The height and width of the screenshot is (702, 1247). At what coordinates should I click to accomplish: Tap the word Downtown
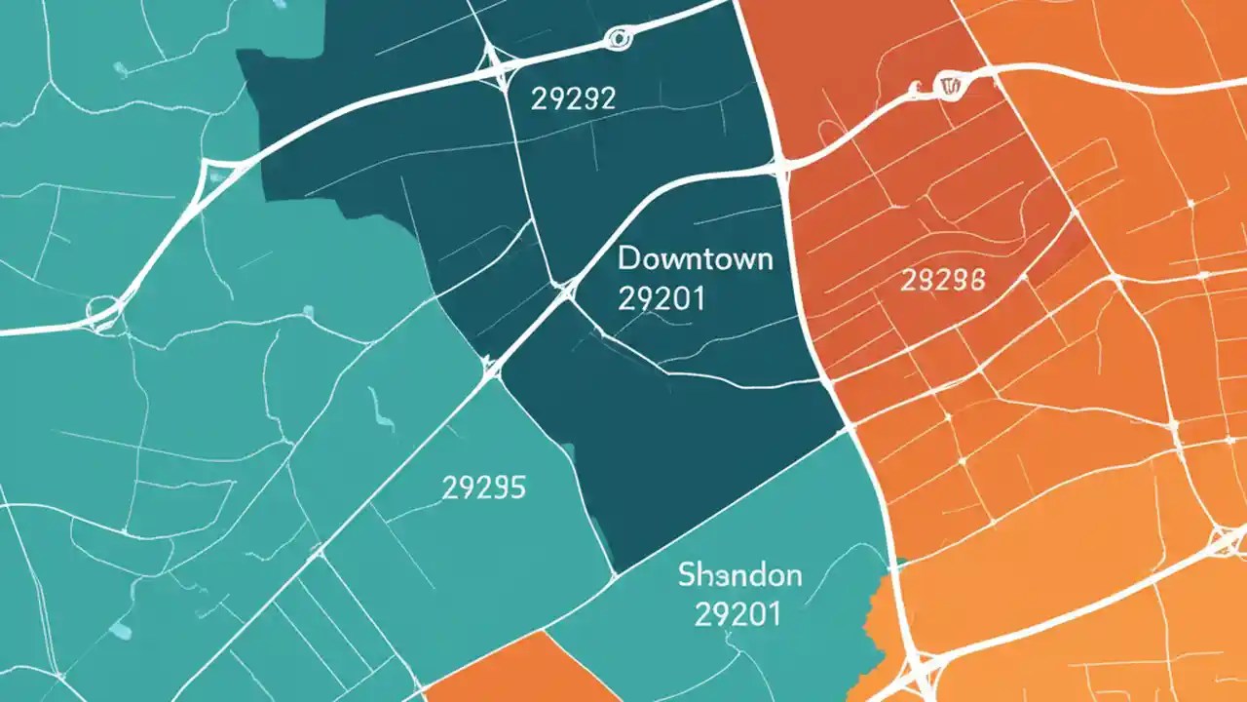[696, 259]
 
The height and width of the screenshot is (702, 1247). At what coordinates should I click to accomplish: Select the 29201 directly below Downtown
[661, 298]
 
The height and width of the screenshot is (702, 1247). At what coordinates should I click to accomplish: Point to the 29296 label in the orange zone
[942, 282]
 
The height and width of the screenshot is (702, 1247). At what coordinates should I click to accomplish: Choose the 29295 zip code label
[483, 487]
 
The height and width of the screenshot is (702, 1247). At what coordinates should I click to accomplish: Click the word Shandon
[739, 574]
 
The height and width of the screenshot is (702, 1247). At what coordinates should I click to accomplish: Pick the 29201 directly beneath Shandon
[737, 614]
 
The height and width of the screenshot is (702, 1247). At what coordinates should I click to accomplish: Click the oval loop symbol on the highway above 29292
[617, 39]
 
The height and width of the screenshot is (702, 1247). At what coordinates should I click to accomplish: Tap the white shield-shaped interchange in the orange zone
[945, 86]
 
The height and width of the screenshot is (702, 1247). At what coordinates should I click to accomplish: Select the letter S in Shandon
[686, 574]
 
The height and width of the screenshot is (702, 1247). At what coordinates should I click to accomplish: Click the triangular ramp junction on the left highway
[212, 175]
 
